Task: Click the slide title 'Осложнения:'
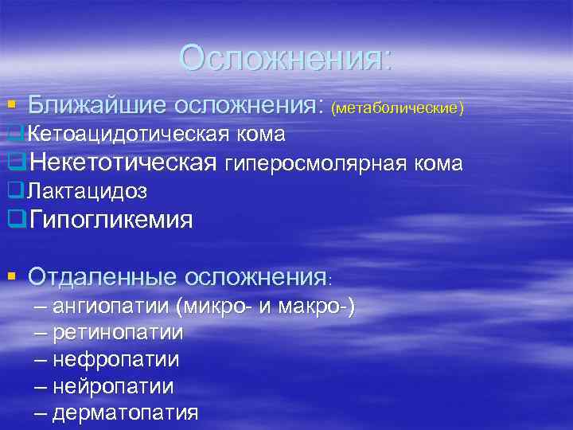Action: [286, 58]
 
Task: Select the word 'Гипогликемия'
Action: [111, 219]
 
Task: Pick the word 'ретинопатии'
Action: [118, 332]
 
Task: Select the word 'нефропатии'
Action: [115, 359]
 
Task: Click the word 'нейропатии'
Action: [113, 386]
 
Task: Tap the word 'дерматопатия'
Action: [125, 413]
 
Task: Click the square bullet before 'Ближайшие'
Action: [11, 105]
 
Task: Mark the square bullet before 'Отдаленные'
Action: [11, 277]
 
